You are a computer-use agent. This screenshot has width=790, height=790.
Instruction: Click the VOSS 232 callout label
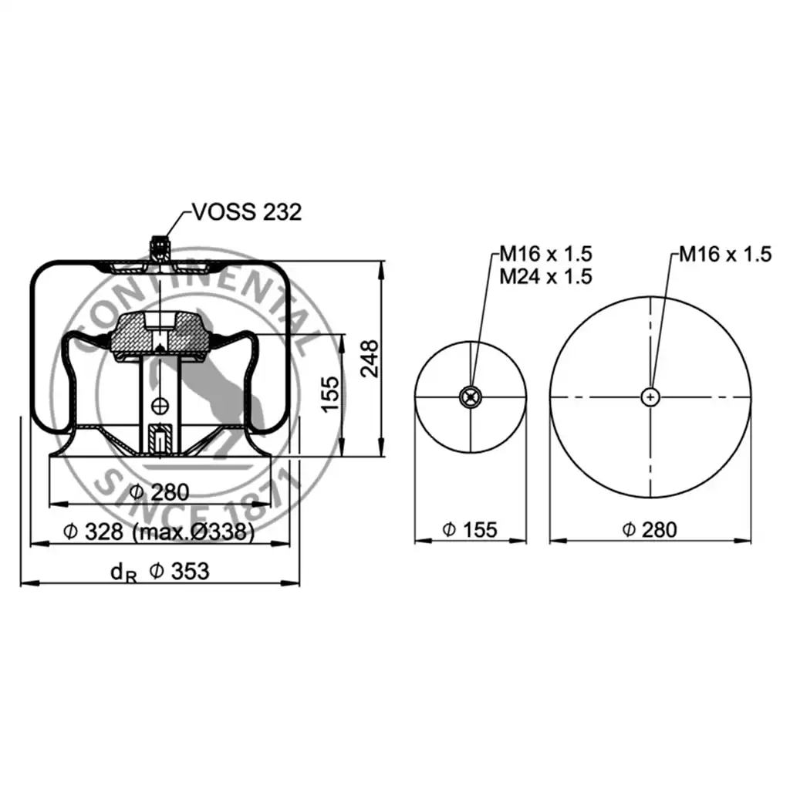[x=247, y=212]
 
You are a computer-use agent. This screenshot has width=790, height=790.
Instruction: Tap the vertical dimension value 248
[x=370, y=358]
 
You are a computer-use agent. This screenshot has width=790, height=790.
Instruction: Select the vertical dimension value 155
[x=330, y=394]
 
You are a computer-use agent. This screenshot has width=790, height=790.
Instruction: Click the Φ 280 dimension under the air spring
[x=159, y=491]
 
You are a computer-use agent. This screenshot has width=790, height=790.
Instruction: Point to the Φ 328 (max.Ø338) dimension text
[x=159, y=532]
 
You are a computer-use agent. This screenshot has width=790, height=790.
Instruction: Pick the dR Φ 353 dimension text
[x=159, y=572]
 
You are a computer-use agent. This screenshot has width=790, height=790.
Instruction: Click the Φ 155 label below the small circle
[x=470, y=529]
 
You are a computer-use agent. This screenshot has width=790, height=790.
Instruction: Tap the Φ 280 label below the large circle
[x=650, y=529]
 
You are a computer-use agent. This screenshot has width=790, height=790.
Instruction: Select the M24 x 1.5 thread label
[x=545, y=277]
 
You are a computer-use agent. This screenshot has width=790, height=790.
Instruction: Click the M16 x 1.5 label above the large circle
[x=725, y=254]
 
